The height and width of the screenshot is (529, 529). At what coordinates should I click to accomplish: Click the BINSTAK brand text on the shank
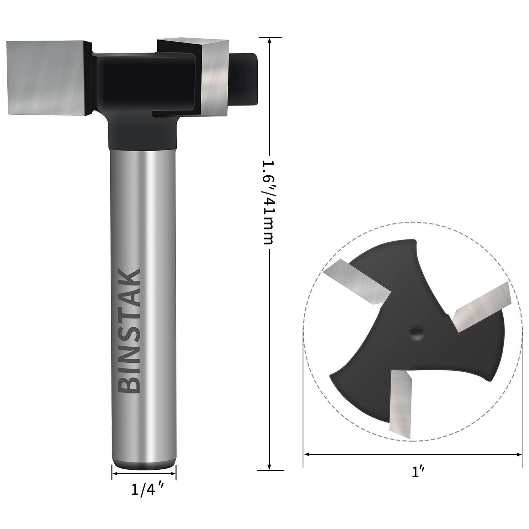pos(130,331)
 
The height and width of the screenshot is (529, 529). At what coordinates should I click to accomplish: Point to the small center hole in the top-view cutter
pos(416,333)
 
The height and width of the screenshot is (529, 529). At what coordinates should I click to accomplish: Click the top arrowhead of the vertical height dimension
pos(269,40)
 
